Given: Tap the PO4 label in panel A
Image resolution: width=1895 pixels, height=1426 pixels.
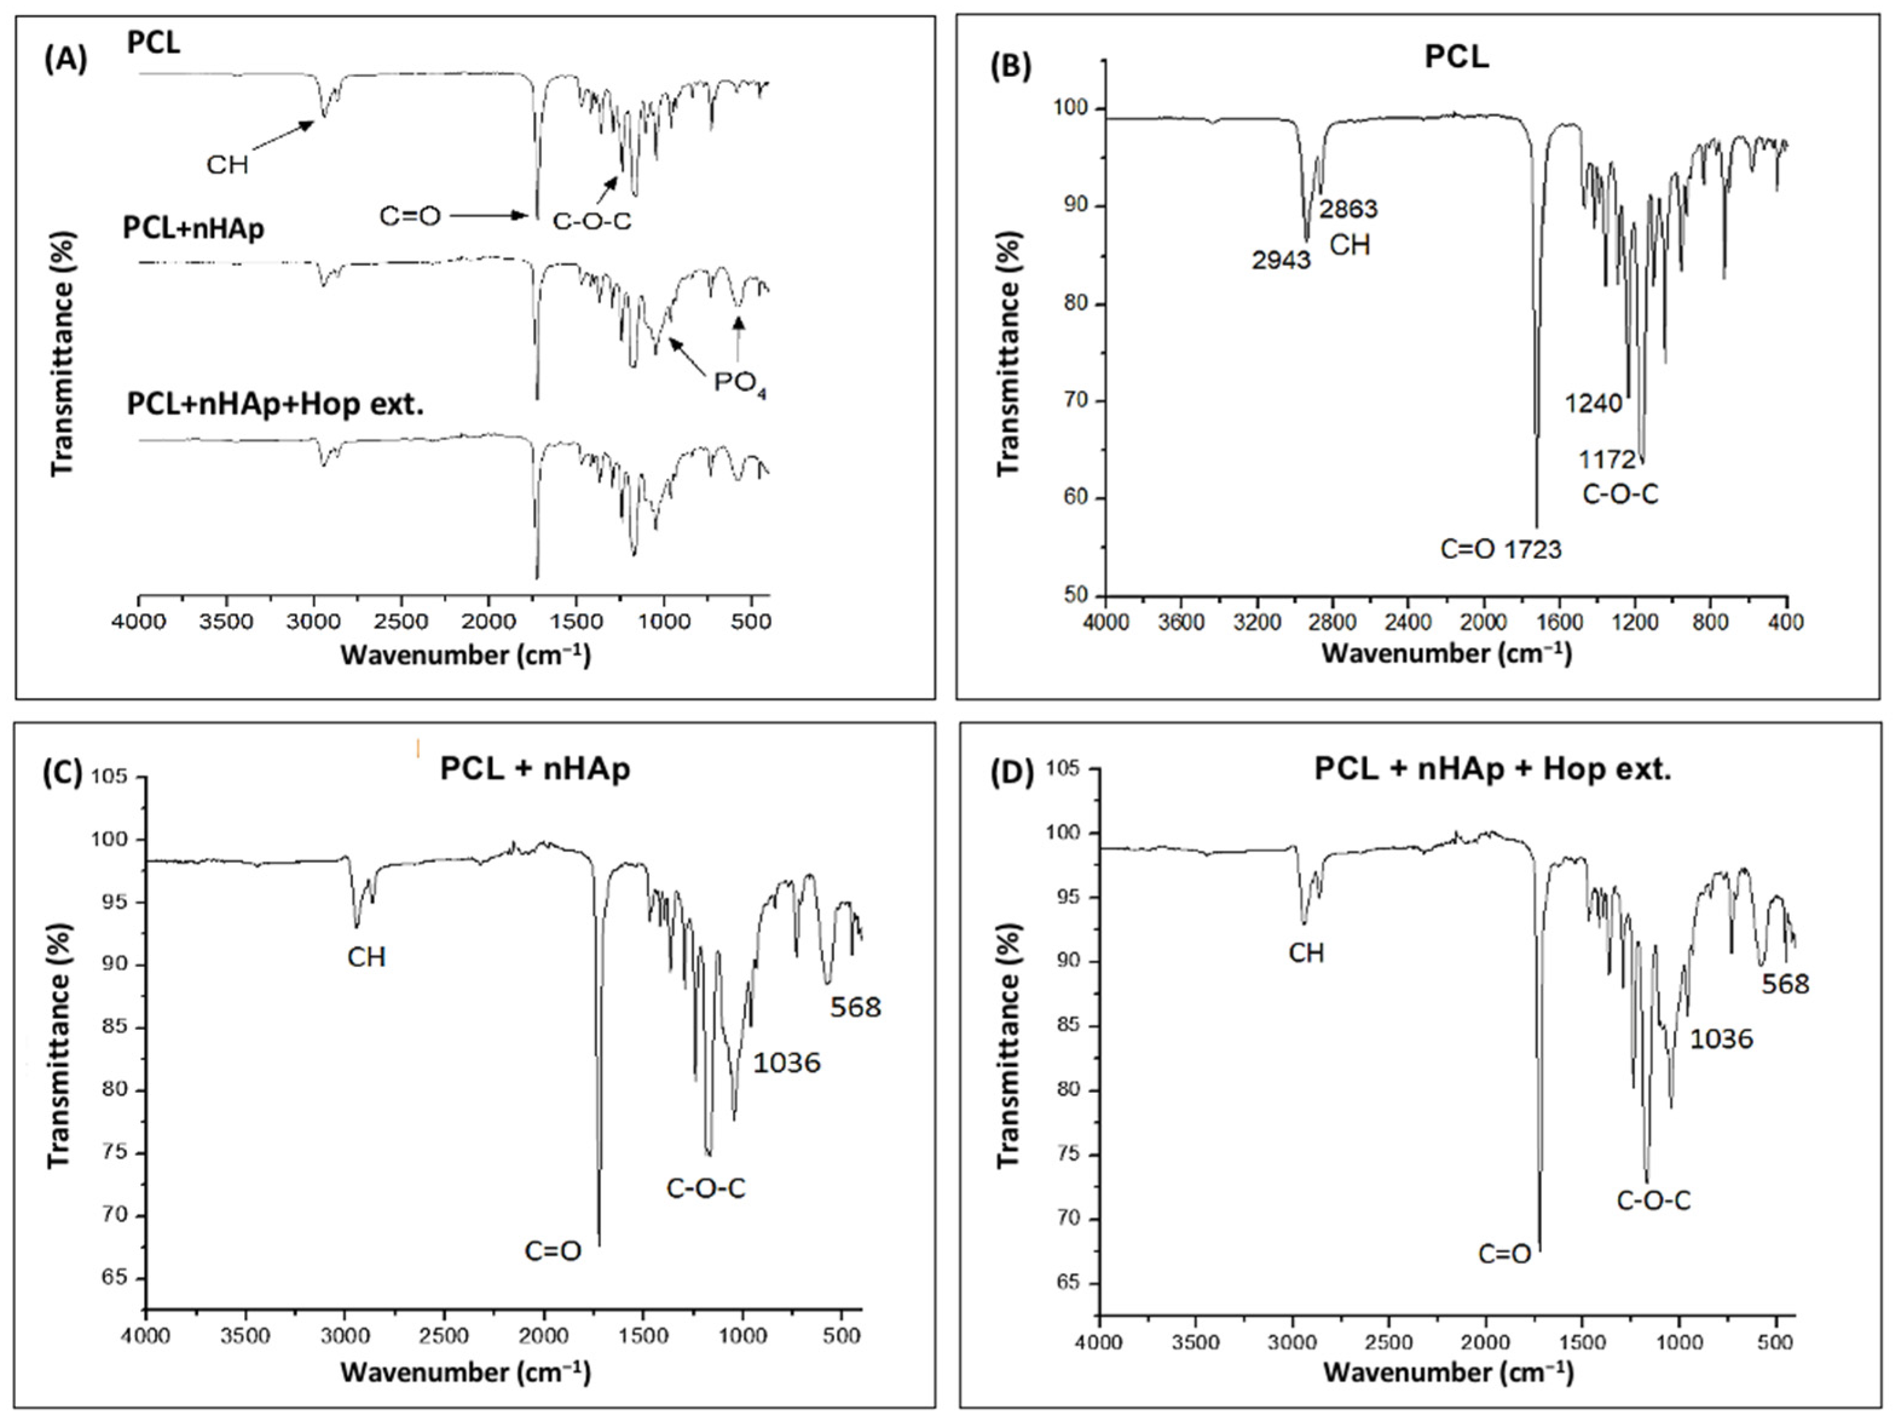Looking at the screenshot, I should (x=740, y=382).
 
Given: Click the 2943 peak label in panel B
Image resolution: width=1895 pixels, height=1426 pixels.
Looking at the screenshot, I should (x=1281, y=259).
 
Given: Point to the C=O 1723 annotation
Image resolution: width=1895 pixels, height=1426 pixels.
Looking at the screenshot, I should (x=1501, y=549).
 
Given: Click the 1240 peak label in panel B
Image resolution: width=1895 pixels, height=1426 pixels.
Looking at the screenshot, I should (x=1593, y=402).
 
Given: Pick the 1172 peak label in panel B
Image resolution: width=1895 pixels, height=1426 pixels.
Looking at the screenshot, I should (x=1607, y=460).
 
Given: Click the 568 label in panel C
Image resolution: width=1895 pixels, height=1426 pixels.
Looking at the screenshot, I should (x=855, y=1007).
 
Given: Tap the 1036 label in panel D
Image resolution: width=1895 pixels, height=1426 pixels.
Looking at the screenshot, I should (x=1721, y=1038).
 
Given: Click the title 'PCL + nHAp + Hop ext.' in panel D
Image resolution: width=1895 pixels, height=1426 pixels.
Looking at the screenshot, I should (x=1492, y=769).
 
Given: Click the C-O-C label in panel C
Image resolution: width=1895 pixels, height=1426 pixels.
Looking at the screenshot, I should (x=706, y=1188).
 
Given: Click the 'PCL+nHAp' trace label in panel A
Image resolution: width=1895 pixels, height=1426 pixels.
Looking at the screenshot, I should (x=193, y=228).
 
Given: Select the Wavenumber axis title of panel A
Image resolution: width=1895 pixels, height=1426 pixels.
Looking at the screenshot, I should (x=465, y=656).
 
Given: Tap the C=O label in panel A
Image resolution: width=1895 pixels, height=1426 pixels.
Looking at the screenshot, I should (x=409, y=216).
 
